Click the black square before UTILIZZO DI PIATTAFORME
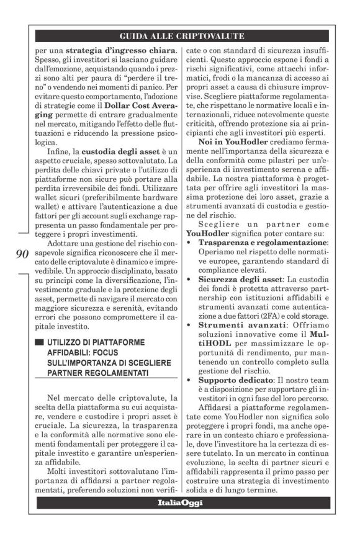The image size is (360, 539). pos(39,342)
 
